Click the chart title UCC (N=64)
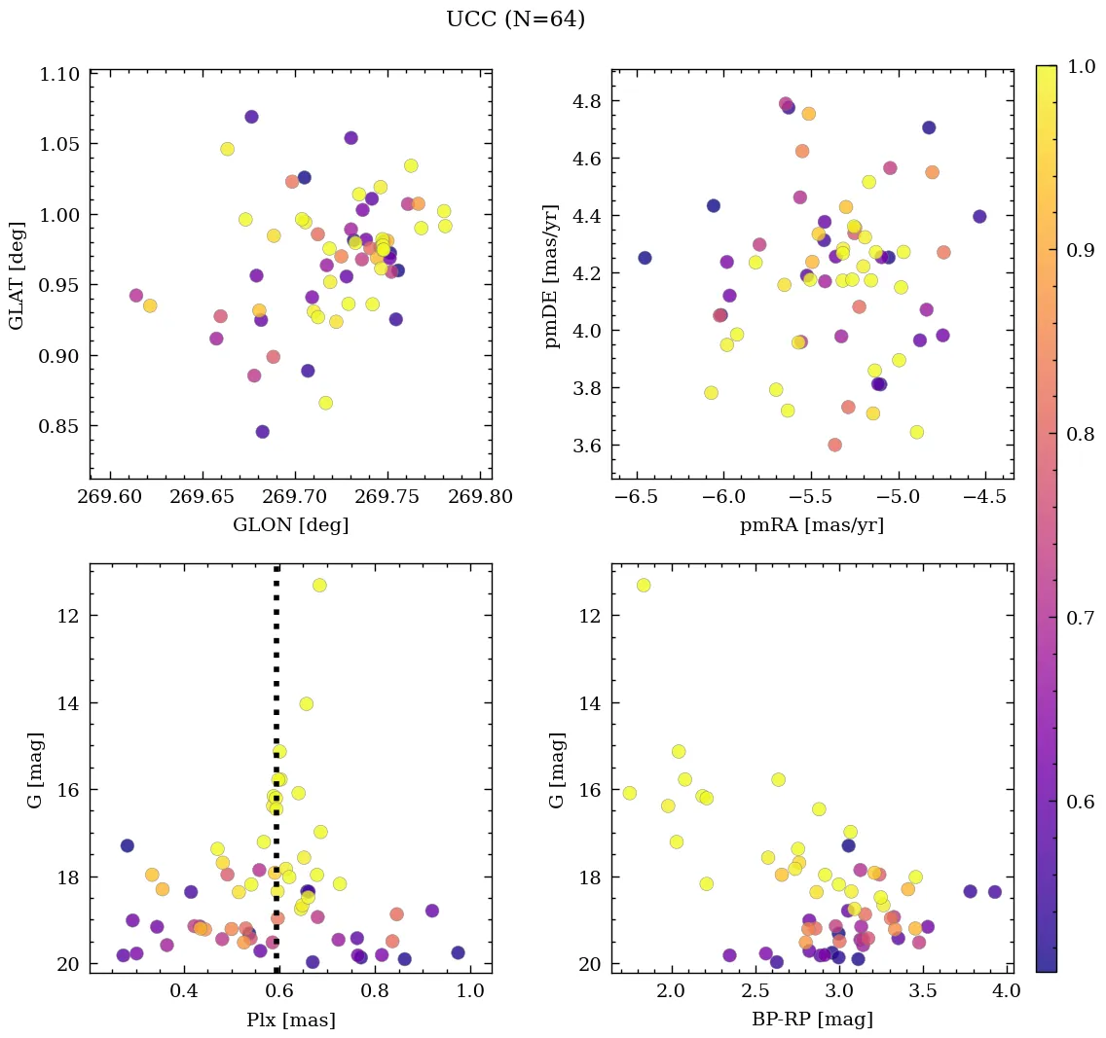click(x=515, y=19)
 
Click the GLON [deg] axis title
click(x=290, y=525)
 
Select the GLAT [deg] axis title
click(x=18, y=273)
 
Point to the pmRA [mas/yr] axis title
click(x=812, y=525)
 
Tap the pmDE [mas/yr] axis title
click(x=553, y=273)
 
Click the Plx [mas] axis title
click(x=290, y=1020)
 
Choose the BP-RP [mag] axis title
click(x=812, y=1020)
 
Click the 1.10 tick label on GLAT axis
click(x=60, y=74)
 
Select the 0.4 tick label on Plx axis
click(x=184, y=991)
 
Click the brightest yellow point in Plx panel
click(x=319, y=585)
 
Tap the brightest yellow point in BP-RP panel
click(x=644, y=585)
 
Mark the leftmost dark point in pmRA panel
click(x=645, y=258)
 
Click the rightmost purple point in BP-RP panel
click(x=994, y=891)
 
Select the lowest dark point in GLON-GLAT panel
click(x=262, y=431)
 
